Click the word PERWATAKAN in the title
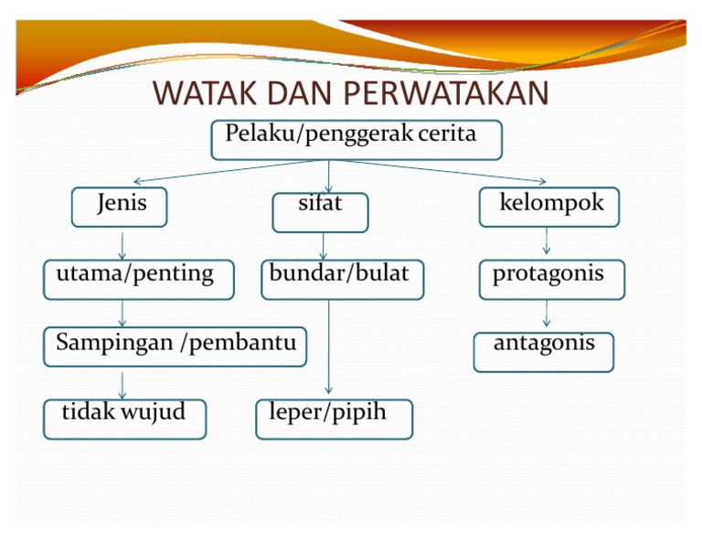coord(448,94)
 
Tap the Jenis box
coord(120,207)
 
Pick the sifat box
coord(320,211)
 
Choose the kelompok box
coord(548,207)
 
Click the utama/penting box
coord(138,279)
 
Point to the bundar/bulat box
coord(342,279)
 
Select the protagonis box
coord(552,279)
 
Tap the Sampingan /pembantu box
coord(175,346)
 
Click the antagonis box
coord(543,351)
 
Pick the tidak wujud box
coord(124,419)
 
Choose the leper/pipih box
coord(334,419)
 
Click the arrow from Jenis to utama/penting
coord(122,244)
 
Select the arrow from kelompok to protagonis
coord(547,241)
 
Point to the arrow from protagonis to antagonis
coord(547,314)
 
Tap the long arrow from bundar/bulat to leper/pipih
coord(329,347)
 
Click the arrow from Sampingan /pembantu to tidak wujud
coord(122,384)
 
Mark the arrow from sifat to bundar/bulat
coord(323,246)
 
